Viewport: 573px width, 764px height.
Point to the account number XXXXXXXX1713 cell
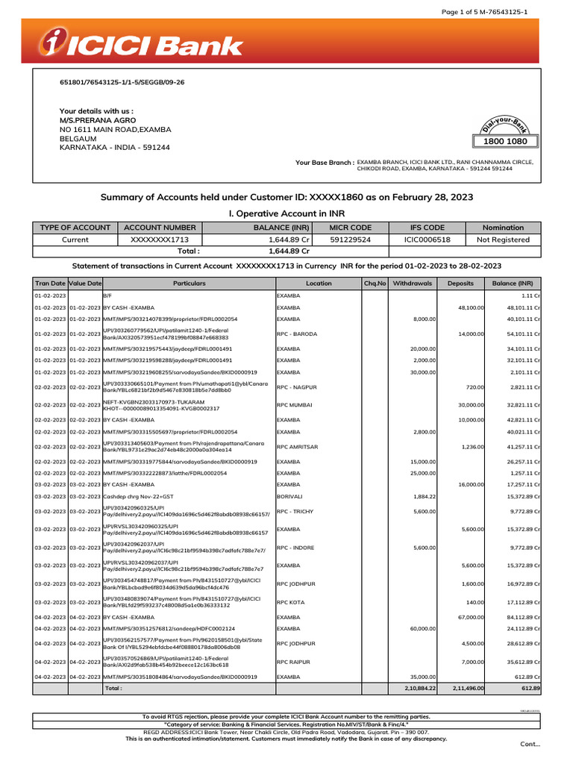tap(160, 239)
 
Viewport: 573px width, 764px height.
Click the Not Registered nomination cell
tap(503, 239)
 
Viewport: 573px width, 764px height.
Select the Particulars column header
tap(189, 284)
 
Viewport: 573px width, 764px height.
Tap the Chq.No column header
tap(375, 284)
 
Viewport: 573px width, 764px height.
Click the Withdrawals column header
tap(412, 284)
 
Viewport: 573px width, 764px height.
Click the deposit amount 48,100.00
tap(471, 307)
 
